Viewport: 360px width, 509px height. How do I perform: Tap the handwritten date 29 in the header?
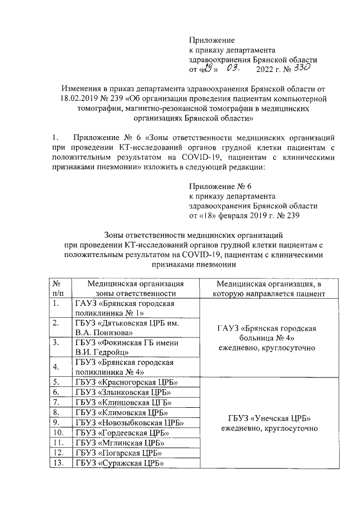[208, 69]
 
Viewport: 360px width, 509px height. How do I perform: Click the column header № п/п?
[58, 288]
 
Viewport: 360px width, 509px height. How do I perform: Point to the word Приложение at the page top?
[211, 40]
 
